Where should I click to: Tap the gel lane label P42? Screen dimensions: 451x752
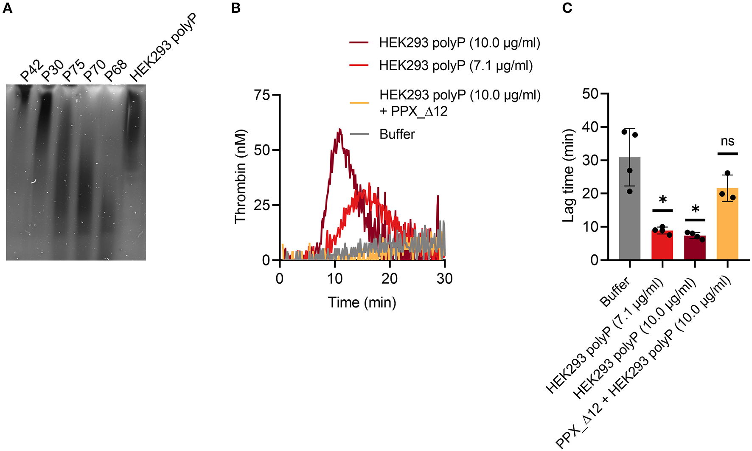pos(32,70)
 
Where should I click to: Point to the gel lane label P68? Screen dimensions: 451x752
pos(116,70)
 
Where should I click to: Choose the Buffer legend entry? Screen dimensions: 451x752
pos(397,134)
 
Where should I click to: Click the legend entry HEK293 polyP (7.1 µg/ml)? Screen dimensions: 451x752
pos(455,66)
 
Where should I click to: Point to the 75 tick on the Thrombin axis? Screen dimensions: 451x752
pos(262,95)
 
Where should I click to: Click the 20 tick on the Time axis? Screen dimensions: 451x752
pos(390,279)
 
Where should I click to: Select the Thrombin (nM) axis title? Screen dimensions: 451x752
pos(241,175)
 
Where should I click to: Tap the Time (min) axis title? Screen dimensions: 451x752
pos(362,302)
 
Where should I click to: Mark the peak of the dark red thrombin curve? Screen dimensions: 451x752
pos(340,130)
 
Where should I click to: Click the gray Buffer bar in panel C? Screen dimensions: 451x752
pos(629,208)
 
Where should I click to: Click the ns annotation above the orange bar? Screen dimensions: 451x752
pos(727,141)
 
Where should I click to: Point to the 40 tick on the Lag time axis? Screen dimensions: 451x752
pos(590,127)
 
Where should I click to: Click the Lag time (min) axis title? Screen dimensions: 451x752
pos(568,175)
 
